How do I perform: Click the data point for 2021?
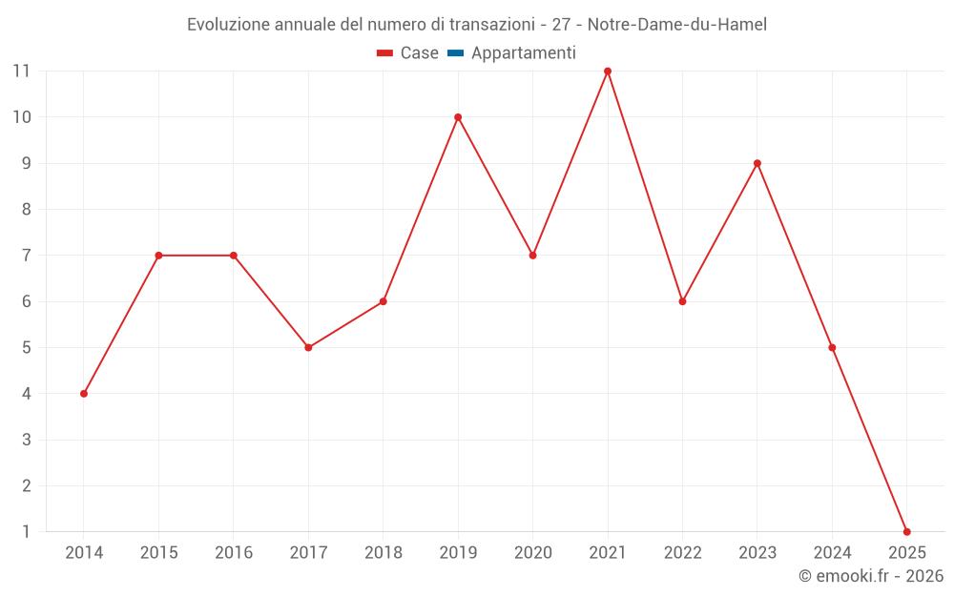pos(608,72)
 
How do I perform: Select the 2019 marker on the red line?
pos(458,117)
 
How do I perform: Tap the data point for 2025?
pos(906,532)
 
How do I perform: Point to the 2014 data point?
pos(84,394)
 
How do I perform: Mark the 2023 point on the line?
pos(757,163)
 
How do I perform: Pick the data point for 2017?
pos(308,348)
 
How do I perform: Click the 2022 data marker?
pos(682,301)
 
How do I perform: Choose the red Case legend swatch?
pos(385,53)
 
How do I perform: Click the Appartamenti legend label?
pos(524,53)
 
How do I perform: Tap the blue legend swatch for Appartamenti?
pos(455,53)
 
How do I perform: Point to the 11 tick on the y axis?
pos(21,72)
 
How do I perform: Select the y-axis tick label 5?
pos(27,348)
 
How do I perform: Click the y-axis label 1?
pos(27,532)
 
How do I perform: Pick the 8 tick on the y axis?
pos(27,210)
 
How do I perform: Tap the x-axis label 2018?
pos(383,553)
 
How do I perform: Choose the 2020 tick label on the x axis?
pos(532,553)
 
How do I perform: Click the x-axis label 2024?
pos(832,553)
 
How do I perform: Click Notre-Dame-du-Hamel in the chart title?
pos(684,24)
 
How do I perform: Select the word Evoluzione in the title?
pos(228,24)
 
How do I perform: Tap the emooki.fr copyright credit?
pos(871,576)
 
